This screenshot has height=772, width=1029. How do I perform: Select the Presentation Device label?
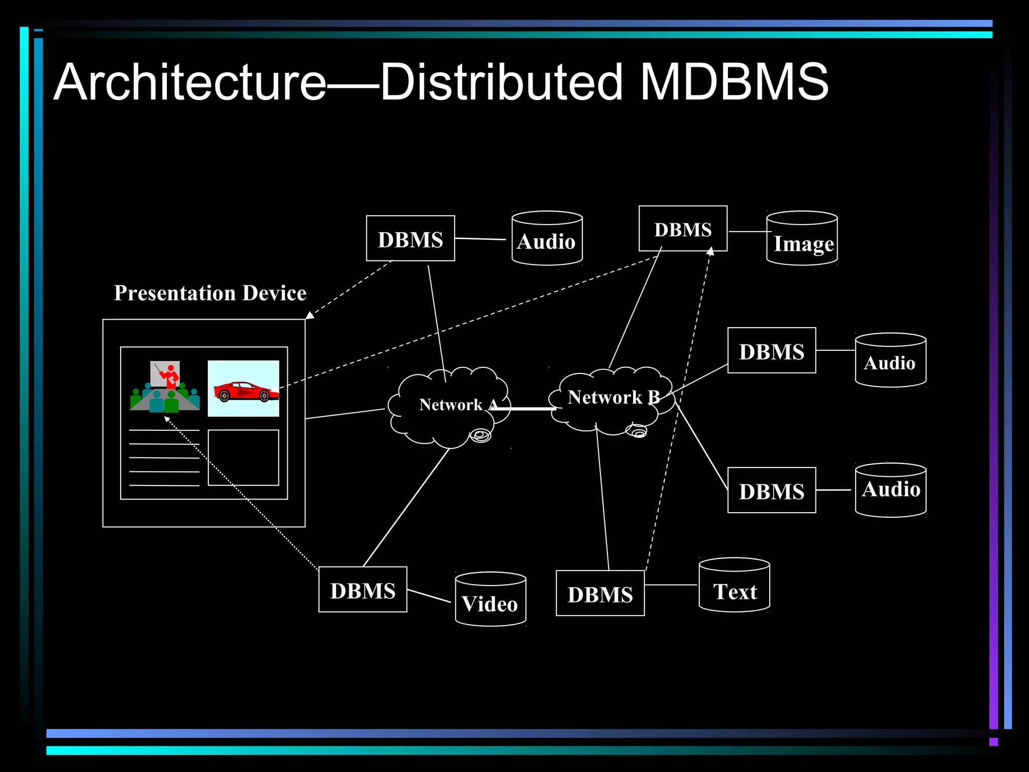pyautogui.click(x=210, y=293)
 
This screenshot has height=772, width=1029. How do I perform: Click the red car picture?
pyautogui.click(x=244, y=389)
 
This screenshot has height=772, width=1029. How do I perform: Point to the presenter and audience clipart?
pyautogui.click(x=165, y=387)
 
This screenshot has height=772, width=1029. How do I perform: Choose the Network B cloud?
pyautogui.click(x=610, y=400)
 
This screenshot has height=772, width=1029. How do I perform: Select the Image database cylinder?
pyautogui.click(x=802, y=239)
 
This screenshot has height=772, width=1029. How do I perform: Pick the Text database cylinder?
pyautogui.click(x=734, y=586)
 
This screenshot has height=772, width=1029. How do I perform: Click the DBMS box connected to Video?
pyautogui.click(x=363, y=590)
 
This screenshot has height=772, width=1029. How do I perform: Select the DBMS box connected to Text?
pyautogui.click(x=600, y=593)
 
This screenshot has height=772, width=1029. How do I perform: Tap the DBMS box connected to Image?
pyautogui.click(x=683, y=229)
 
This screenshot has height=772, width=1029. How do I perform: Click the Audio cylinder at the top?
pyautogui.click(x=547, y=239)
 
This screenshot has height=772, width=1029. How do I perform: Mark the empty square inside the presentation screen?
pyautogui.click(x=243, y=457)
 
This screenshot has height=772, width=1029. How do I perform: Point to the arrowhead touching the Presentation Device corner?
pyautogui.click(x=310, y=315)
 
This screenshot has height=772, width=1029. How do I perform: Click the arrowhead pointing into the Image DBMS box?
pyautogui.click(x=710, y=252)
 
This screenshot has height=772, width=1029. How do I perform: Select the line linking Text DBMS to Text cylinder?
pyautogui.click(x=671, y=585)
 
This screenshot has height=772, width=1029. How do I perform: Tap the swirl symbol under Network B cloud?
pyautogui.click(x=637, y=431)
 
